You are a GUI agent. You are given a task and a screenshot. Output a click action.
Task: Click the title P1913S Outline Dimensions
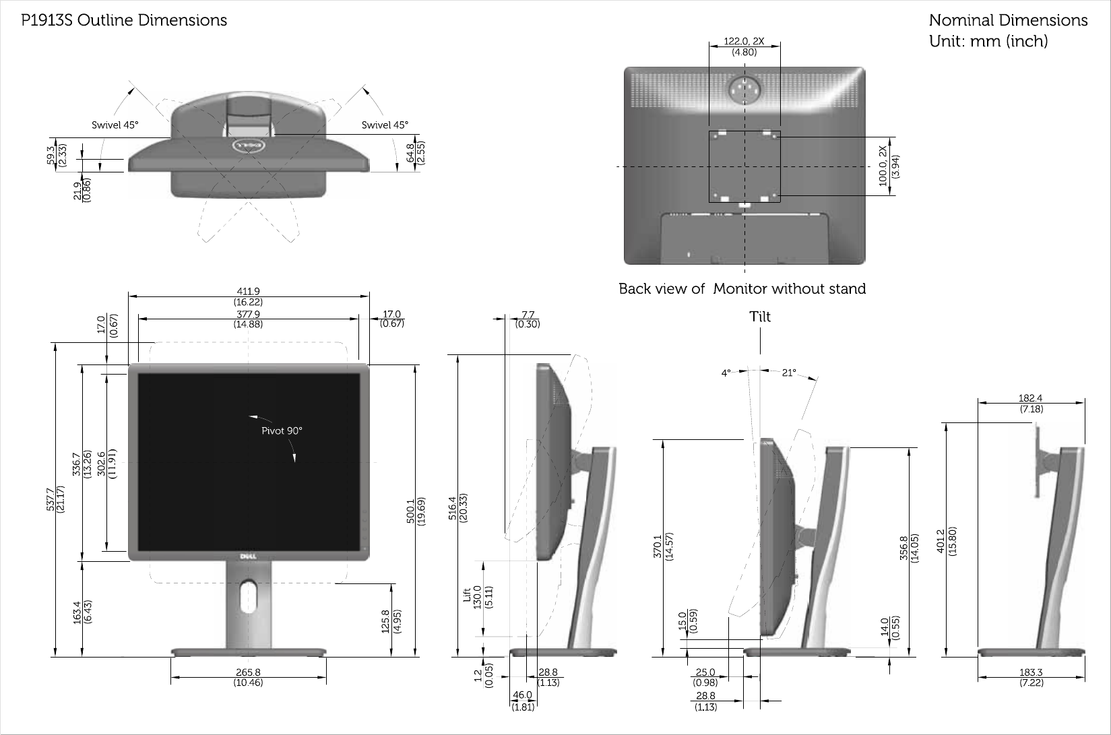click(x=124, y=20)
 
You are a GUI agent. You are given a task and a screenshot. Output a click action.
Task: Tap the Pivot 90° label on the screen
click(x=282, y=430)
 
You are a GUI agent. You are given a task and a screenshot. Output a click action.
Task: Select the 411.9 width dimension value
click(x=248, y=292)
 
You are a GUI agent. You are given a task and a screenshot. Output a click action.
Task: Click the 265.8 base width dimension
click(x=248, y=672)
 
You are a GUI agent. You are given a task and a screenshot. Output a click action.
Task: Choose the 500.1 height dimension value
click(x=410, y=511)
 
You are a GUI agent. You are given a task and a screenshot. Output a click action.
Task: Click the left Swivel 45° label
click(x=115, y=125)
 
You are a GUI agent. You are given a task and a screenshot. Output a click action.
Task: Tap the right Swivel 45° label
click(x=385, y=125)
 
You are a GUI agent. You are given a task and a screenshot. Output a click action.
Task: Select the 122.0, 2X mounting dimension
click(x=744, y=41)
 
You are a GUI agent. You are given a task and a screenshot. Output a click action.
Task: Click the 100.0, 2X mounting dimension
click(x=883, y=166)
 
